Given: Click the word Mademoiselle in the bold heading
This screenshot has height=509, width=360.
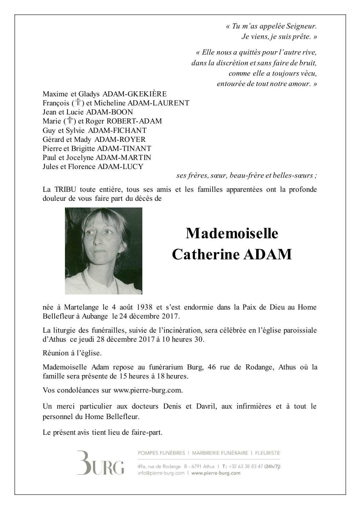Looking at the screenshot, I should pos(232,234).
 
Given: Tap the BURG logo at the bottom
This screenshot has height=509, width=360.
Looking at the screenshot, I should pos(100,463).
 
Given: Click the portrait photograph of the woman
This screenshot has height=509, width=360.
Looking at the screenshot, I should pos(103,251).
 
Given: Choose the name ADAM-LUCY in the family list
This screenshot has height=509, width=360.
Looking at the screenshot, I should pos(120,167).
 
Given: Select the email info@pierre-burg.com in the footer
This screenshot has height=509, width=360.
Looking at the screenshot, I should pos(161,473).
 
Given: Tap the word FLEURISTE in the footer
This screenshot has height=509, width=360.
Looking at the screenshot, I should pos(267,453).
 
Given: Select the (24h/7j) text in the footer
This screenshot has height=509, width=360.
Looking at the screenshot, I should pos(272,466).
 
